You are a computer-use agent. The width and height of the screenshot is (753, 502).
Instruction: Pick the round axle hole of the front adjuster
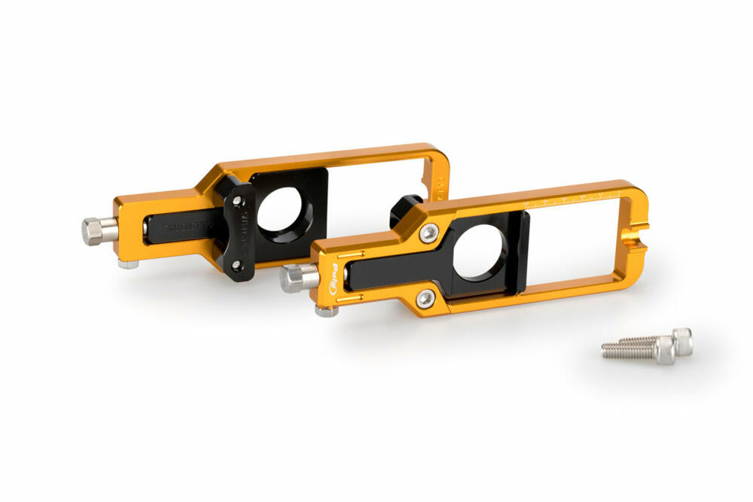click(482, 253)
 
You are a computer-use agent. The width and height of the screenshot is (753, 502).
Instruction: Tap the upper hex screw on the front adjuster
click(429, 234)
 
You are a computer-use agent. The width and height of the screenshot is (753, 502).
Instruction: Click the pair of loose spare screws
click(649, 346)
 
